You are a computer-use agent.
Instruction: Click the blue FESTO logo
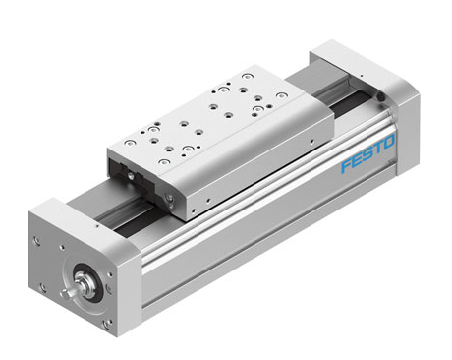coord(368,153)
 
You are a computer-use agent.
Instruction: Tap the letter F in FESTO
coord(347,165)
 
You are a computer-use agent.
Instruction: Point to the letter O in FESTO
coord(389,142)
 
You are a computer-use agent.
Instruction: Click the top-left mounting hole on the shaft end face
coord(36,240)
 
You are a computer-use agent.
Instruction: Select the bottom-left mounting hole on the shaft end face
coord(42,288)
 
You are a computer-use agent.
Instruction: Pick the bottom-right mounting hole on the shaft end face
coord(106,324)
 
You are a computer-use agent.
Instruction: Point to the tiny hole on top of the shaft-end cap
coord(97,225)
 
